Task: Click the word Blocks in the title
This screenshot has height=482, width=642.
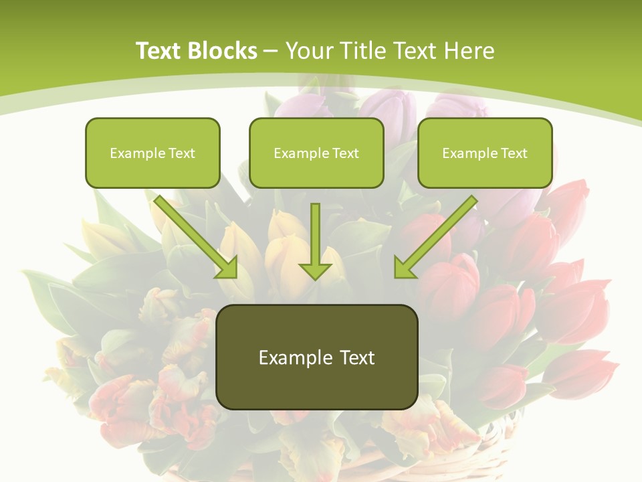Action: (223, 50)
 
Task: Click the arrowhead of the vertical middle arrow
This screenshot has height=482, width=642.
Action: (315, 271)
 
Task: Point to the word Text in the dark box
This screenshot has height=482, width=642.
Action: (356, 357)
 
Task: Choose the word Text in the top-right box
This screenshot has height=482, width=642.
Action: (514, 153)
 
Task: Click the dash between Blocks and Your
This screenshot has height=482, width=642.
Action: (271, 50)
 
